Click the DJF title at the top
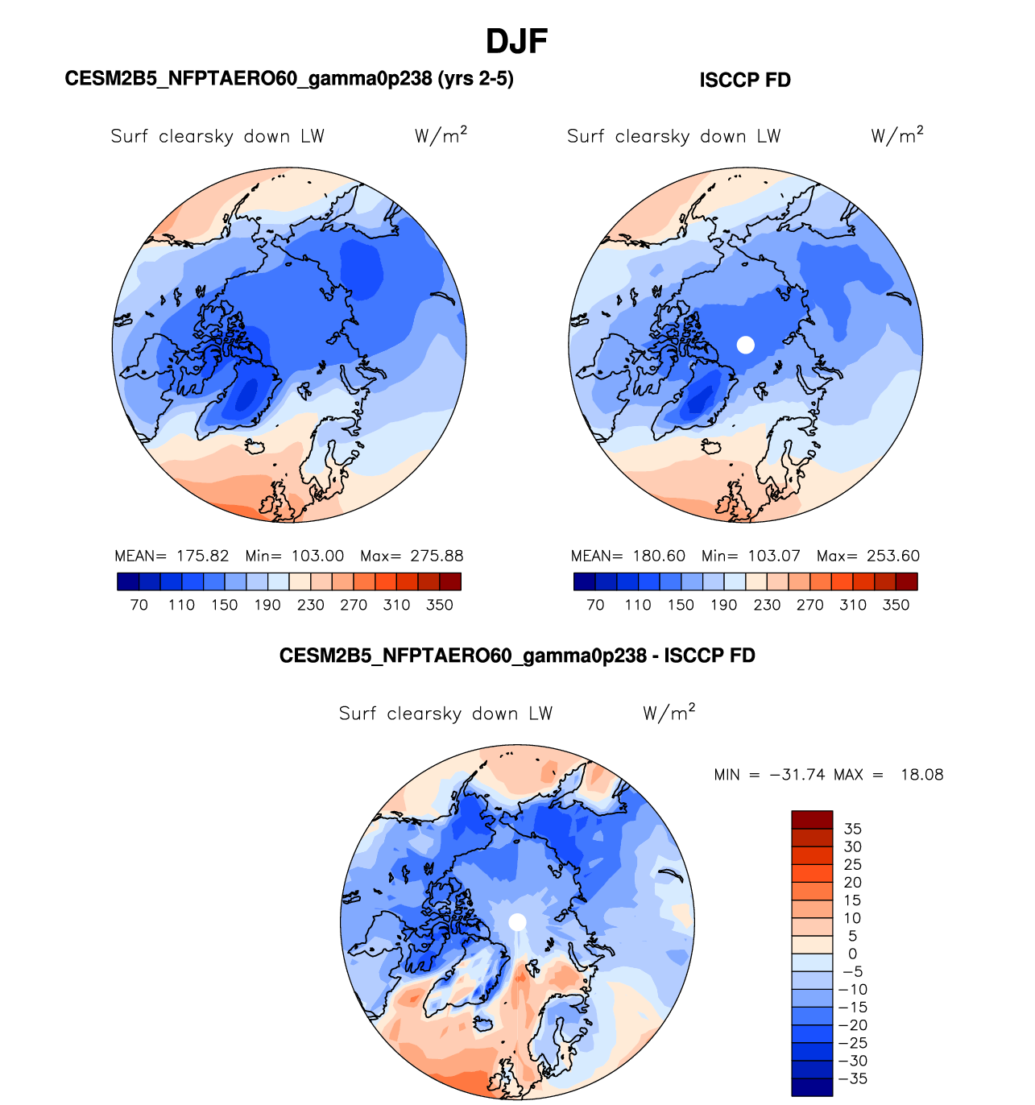[516, 41]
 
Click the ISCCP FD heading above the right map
[745, 81]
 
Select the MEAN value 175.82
[203, 556]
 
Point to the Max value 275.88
[437, 556]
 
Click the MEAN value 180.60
[659, 556]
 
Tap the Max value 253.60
[893, 556]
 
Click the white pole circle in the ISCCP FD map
[746, 345]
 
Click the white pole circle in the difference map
[518, 921]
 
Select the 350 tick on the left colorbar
[440, 605]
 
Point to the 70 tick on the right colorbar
[595, 605]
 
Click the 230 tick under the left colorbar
[311, 605]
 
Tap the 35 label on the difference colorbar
[852, 829]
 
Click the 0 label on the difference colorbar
[852, 954]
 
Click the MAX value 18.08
[921, 775]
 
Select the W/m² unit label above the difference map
[669, 713]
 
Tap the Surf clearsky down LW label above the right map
[674, 136]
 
